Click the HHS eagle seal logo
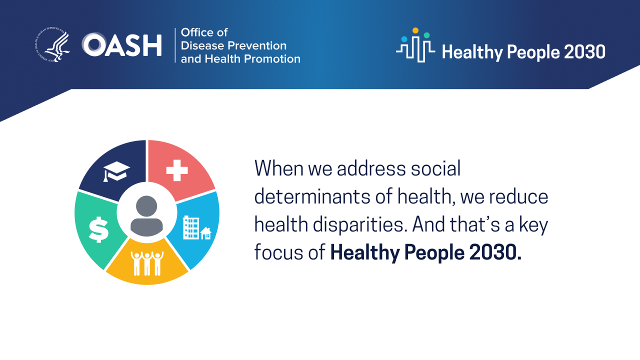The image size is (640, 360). (x=53, y=45)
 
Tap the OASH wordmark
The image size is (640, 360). (x=122, y=45)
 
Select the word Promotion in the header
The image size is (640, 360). (x=272, y=59)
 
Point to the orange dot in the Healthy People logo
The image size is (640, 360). (x=415, y=30)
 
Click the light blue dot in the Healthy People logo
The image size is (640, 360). (x=404, y=39)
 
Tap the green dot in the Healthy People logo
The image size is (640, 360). (x=426, y=35)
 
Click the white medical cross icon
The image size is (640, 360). (x=177, y=170)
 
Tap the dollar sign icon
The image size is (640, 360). (x=98, y=229)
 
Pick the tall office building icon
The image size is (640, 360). (x=191, y=227)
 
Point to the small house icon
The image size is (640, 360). (x=205, y=233)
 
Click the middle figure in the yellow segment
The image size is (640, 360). (x=147, y=263)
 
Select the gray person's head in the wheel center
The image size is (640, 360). (x=146, y=206)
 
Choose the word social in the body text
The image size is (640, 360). (x=435, y=168)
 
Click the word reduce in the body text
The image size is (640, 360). (x=518, y=197)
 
